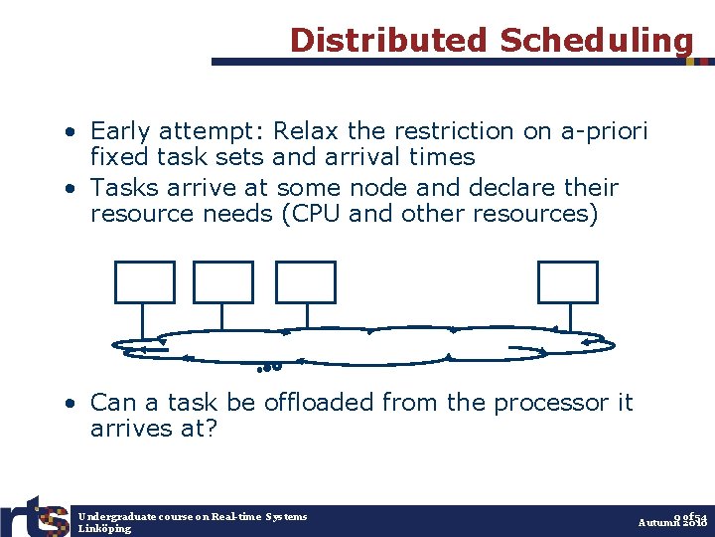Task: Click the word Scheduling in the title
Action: pos(596,40)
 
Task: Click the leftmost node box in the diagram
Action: pos(145,282)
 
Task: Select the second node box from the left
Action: pos(223,282)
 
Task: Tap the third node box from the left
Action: pos(306,282)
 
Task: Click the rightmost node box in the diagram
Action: pos(568,282)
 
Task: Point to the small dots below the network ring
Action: pos(270,367)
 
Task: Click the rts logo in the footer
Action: pos(35,516)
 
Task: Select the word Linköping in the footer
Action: pos(104,529)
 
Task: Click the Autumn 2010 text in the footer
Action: pos(672,522)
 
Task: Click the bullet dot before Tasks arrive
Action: pos(73,189)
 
